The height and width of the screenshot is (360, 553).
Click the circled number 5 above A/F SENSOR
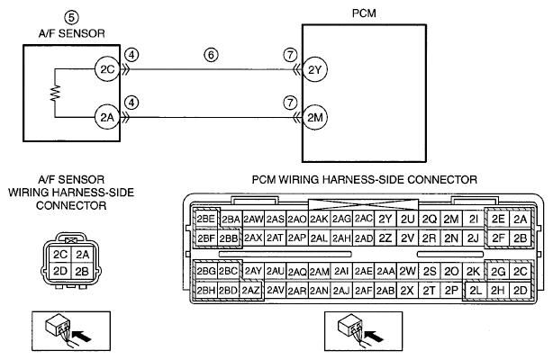pos(71,18)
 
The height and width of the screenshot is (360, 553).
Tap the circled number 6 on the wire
pos(211,55)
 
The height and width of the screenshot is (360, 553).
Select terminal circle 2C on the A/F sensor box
pos(107,69)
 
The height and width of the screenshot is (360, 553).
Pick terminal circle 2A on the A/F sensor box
pos(107,117)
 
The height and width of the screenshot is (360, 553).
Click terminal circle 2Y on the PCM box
pos(315,70)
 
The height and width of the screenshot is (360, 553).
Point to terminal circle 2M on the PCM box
pos(315,117)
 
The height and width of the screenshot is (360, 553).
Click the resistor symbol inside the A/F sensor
pos(55,93)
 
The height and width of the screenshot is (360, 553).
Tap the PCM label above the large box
pos(364,13)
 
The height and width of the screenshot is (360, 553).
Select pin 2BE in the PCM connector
pos(206,220)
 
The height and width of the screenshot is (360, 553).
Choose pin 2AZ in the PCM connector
pos(250,291)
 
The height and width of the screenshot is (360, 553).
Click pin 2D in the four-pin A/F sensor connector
pos(60,271)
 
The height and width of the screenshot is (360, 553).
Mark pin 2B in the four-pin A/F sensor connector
pos(82,271)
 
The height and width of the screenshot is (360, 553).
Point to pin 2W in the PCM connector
pos(407,271)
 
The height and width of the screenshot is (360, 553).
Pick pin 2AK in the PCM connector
pos(319,220)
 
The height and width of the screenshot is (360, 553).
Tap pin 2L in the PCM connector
pos(476,291)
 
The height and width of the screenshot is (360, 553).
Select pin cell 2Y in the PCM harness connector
pos(385,220)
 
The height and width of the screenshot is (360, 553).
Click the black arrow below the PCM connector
pos(374,336)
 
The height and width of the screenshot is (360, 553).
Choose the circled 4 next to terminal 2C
pos(131,55)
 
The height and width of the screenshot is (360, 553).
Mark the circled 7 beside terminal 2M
pos(290,103)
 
